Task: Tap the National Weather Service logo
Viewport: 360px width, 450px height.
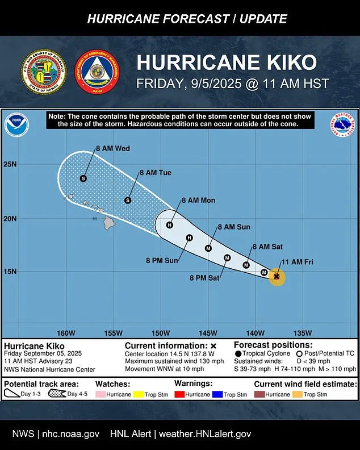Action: point(342,125)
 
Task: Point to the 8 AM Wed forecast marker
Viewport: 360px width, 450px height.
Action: point(83,178)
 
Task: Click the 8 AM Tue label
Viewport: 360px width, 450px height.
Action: point(155,173)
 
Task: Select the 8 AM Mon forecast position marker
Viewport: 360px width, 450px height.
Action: point(169,225)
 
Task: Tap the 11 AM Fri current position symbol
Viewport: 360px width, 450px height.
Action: point(277,277)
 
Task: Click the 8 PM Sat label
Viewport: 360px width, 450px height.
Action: point(204,278)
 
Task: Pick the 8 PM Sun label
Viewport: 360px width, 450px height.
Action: point(162,261)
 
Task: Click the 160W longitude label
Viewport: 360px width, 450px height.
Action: point(66,333)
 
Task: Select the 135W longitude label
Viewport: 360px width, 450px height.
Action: point(302,333)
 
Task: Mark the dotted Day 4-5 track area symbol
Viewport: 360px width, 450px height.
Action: point(56,393)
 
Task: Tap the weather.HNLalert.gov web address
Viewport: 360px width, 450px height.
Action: point(205,434)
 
